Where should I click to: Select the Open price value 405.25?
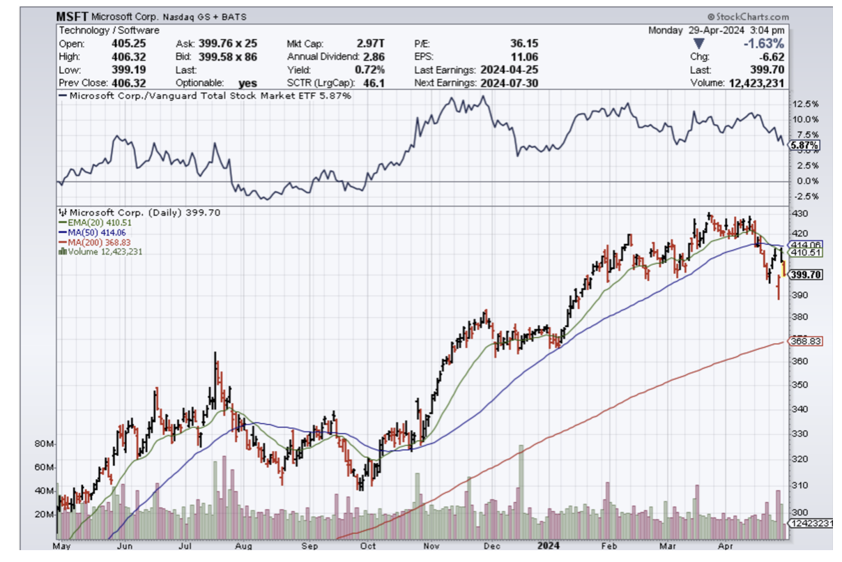coord(126,43)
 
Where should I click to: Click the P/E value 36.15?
coord(523,43)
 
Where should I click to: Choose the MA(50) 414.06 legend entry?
coord(85,231)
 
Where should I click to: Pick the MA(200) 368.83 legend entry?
coord(87,242)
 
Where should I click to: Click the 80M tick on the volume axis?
coord(45,443)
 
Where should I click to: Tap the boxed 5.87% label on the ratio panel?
coord(804,146)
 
